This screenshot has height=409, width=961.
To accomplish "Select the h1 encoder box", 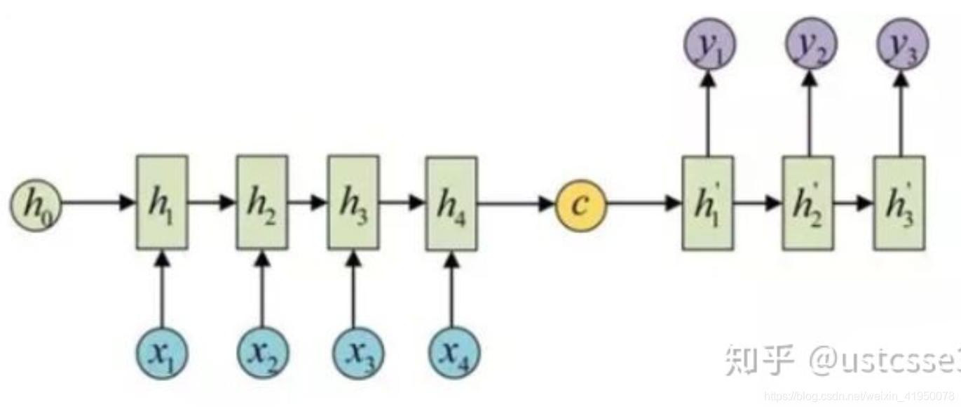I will pos(161,203).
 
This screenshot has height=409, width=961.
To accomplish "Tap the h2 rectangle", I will pos(261,203).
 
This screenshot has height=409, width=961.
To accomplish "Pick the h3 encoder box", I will pos(353,203).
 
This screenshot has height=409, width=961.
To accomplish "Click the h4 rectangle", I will pos(451,203).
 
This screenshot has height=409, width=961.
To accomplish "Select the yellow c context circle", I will pos(581,204).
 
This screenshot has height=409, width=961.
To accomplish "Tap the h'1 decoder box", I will pos(707,203).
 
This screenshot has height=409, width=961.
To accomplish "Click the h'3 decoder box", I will pos(899,203).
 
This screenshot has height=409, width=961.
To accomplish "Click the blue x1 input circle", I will pos(162,352).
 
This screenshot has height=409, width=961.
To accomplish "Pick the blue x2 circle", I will pos(262,352).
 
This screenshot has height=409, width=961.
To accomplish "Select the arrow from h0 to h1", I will pos(98,204).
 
